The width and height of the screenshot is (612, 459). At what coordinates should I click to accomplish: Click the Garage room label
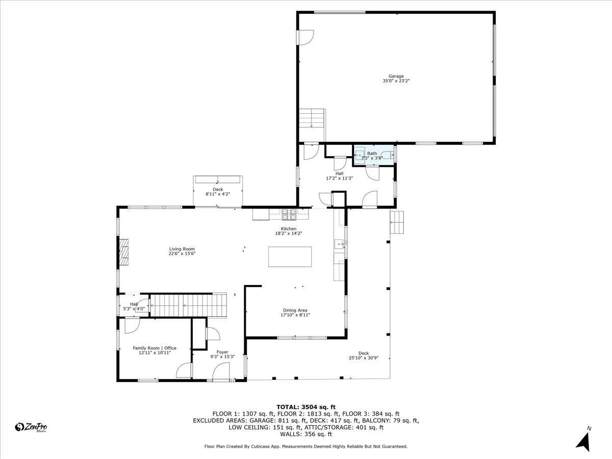[396, 76]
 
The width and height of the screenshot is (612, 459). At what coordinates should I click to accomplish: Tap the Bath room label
[372, 154]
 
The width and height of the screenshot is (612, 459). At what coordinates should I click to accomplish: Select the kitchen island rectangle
[290, 257]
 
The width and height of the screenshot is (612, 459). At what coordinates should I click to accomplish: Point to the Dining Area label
[295, 310]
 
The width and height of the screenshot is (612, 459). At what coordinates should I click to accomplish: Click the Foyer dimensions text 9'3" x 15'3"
[222, 356]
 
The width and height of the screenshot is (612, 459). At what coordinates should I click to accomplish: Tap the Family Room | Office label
[155, 348]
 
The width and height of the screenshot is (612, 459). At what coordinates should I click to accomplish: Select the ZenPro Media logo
[31, 427]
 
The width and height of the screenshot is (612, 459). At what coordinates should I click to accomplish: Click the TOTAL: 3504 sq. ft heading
[306, 407]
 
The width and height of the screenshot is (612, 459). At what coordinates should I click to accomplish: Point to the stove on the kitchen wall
[289, 214]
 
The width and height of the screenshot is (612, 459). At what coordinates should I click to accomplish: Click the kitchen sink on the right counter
[339, 244]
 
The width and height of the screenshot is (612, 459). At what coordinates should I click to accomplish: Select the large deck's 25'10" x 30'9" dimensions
[364, 358]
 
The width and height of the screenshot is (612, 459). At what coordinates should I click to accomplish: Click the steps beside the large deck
[397, 222]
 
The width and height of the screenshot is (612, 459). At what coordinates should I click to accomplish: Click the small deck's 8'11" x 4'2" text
[218, 194]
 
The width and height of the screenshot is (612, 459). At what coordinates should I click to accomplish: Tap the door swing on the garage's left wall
[306, 37]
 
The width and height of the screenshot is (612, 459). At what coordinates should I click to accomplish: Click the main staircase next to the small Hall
[188, 305]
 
